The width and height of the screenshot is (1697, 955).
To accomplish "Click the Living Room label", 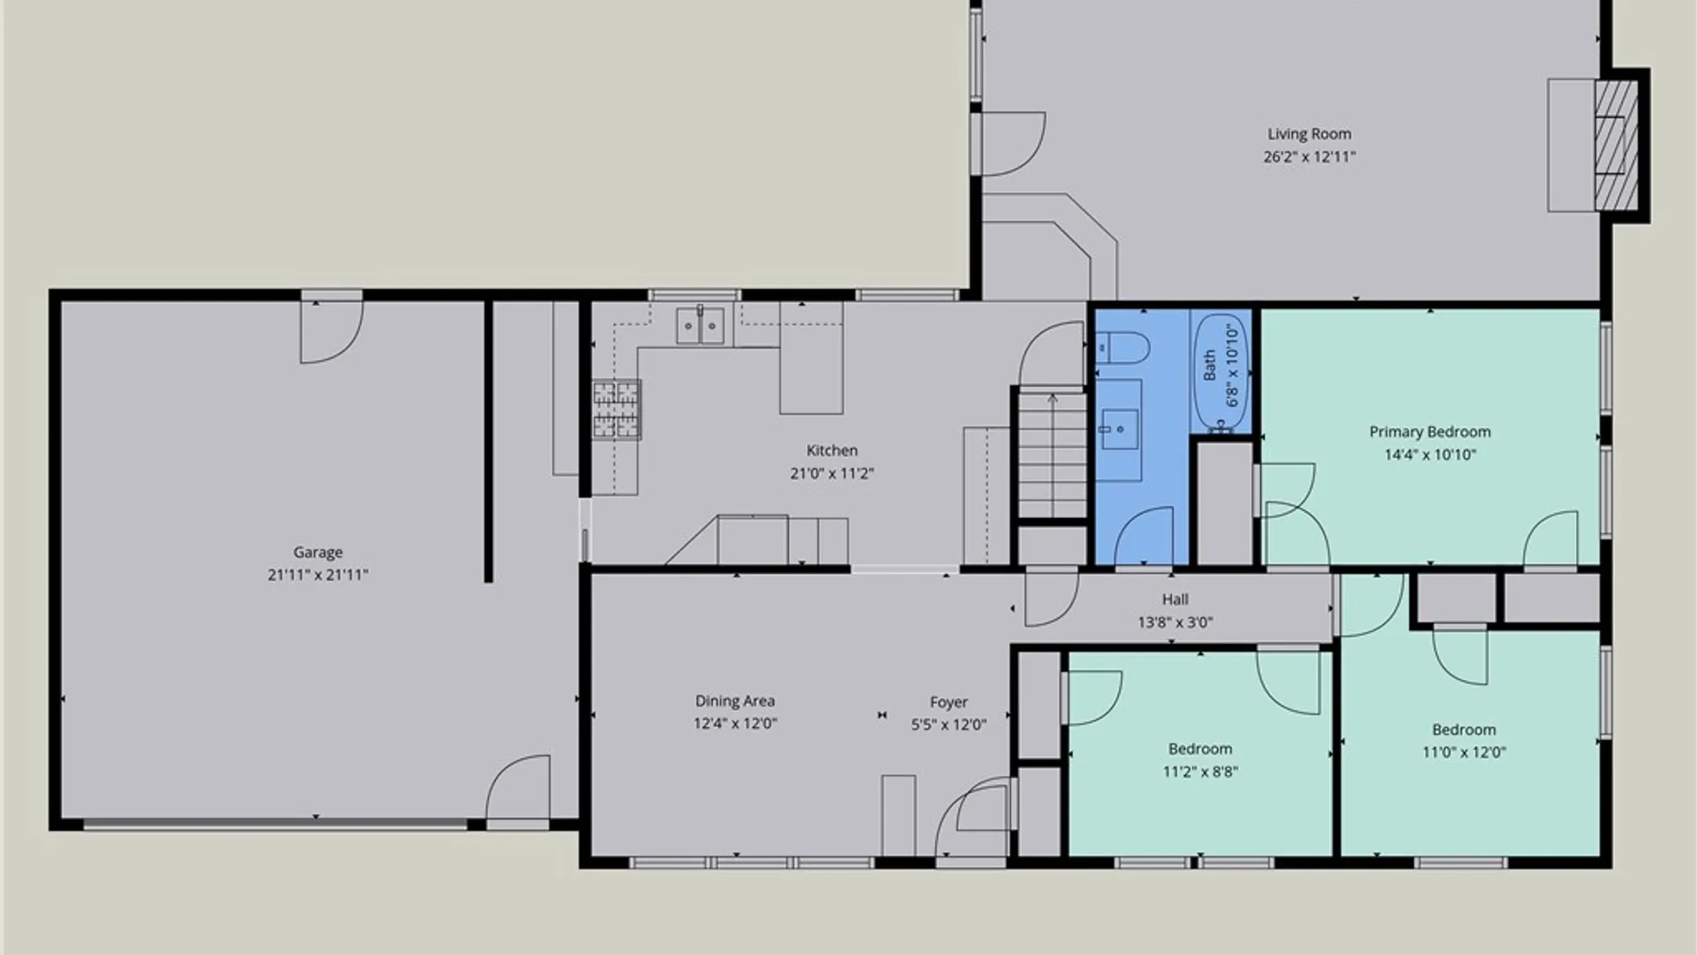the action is tap(1309, 134).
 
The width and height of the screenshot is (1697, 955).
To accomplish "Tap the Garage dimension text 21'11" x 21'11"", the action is tap(318, 575).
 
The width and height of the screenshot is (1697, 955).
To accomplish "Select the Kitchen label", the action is tap(832, 451).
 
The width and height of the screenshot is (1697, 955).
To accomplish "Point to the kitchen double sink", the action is tap(700, 325).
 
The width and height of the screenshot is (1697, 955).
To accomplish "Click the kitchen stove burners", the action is tap(616, 409).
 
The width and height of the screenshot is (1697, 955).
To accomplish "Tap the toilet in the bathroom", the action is tap(1122, 348).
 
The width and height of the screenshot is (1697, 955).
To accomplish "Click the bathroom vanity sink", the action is tap(1119, 430).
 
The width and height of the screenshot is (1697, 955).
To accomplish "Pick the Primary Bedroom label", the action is tap(1430, 432).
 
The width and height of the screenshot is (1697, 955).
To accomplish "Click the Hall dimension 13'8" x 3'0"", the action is tap(1175, 623).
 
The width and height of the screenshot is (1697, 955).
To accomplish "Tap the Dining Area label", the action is tap(734, 701).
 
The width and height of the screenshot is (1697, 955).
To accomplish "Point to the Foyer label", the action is tap(948, 702).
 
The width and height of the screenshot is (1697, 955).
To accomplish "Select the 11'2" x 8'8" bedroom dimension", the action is tap(1200, 772).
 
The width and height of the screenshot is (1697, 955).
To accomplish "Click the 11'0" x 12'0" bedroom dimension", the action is tap(1464, 753).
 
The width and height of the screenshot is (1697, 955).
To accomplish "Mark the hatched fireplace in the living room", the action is tap(1616, 145).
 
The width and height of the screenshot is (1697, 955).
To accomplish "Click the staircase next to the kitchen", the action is tap(1052, 455).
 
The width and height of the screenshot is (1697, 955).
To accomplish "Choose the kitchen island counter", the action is tap(810, 358).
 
